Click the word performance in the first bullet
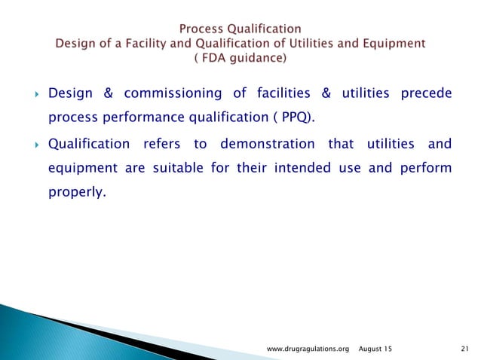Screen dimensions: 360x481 click(x=130, y=117)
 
